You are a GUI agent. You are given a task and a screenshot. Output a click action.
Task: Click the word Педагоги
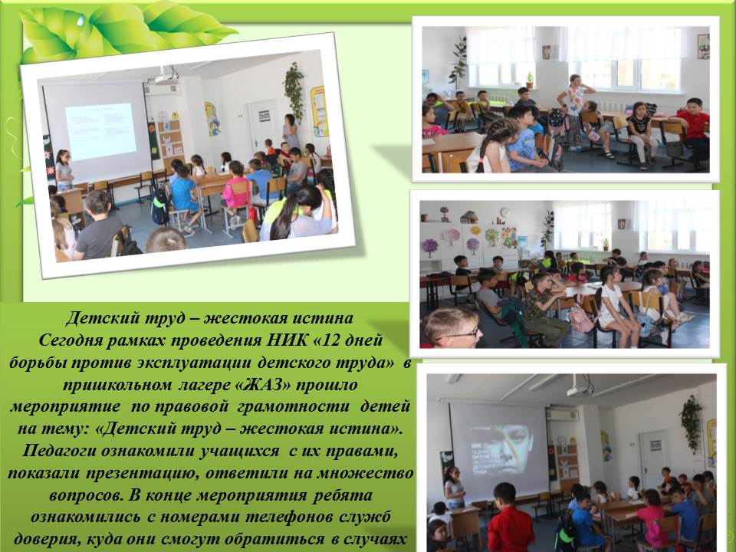point(60,451)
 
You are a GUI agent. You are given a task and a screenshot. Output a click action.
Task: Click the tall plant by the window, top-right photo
point(458,63)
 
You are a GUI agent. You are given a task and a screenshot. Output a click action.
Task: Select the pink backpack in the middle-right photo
point(580,319)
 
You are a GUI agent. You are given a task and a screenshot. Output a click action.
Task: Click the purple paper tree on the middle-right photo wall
point(430,246)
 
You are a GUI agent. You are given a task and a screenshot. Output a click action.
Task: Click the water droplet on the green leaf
point(81,21)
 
